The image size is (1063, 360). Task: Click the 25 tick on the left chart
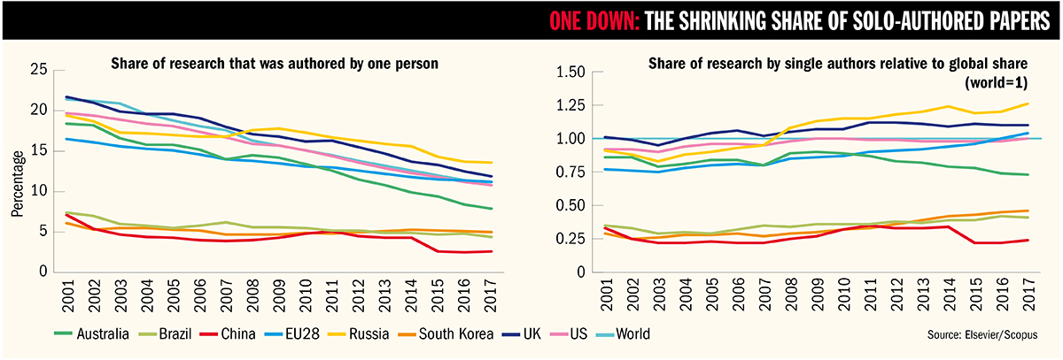click(x=37, y=70)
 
